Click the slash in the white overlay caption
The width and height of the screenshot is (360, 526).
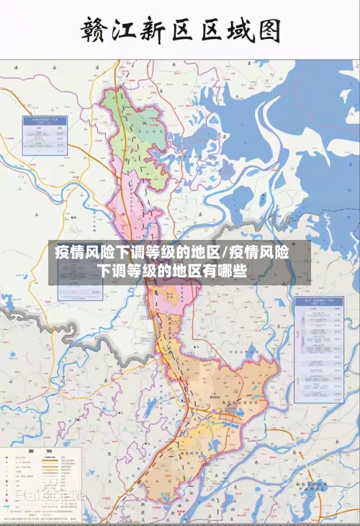point(225,253)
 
